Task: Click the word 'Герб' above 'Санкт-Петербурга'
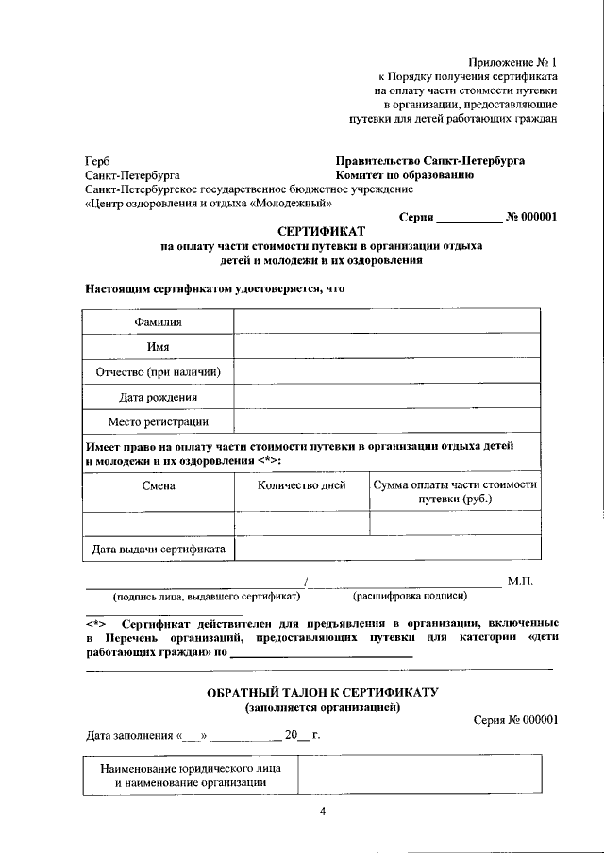(97, 161)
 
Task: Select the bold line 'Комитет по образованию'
(405, 175)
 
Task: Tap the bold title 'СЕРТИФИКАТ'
(322, 231)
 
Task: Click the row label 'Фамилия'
(158, 322)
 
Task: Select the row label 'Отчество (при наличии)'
(158, 372)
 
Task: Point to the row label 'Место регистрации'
(158, 422)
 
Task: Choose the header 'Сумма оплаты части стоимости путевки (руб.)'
(455, 492)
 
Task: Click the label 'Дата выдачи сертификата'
(158, 549)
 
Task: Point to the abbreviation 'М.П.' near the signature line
(520, 582)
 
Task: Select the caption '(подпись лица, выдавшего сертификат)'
(207, 597)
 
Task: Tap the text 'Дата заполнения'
(126, 735)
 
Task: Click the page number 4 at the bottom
(322, 813)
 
